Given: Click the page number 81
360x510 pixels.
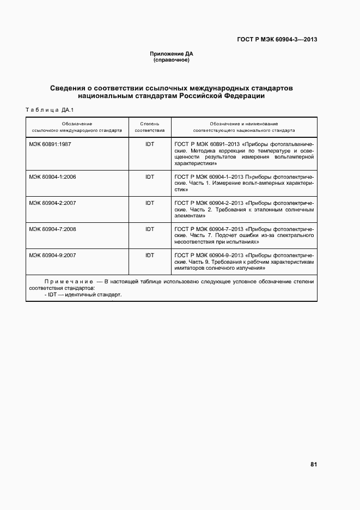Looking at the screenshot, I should point(313,464).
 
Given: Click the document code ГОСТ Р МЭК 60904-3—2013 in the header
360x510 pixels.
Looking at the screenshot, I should point(277,39).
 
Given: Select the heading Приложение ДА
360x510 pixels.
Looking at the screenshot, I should point(172,53).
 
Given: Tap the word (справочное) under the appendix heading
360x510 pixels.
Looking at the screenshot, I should point(172,59).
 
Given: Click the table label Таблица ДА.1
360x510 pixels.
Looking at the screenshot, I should point(49,111).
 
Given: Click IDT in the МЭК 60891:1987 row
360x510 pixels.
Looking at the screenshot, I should point(150,144).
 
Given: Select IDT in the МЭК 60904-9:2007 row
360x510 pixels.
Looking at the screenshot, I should point(150,255).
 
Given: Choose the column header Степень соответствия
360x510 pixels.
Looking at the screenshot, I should point(150,127).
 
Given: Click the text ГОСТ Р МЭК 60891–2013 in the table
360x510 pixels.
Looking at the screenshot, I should point(208,144).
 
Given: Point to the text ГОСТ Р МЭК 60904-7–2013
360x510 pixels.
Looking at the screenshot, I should point(210,229).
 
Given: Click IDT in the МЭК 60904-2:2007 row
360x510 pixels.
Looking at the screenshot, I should point(150,203).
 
